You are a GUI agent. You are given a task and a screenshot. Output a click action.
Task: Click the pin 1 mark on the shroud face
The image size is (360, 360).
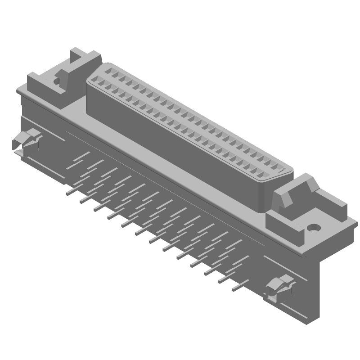point(282,171)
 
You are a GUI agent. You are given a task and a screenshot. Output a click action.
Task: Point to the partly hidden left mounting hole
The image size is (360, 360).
point(57,81)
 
